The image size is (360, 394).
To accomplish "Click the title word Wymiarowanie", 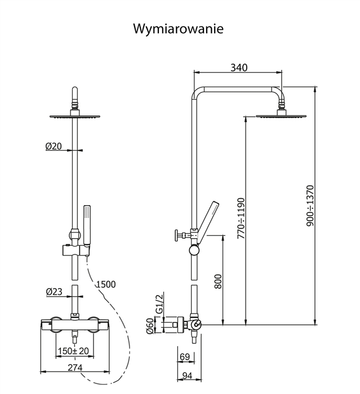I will pos(178,29).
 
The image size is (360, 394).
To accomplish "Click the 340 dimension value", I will pos(238,68).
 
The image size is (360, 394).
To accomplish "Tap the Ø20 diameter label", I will pos(54,146).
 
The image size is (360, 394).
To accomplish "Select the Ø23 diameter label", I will pos(54,292).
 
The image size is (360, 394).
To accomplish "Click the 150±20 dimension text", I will pos(73,352).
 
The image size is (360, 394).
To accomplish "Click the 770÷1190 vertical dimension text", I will pos(241,217).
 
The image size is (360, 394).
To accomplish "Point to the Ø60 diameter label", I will pos(150,326).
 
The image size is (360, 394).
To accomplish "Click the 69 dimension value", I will pos(184,356).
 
